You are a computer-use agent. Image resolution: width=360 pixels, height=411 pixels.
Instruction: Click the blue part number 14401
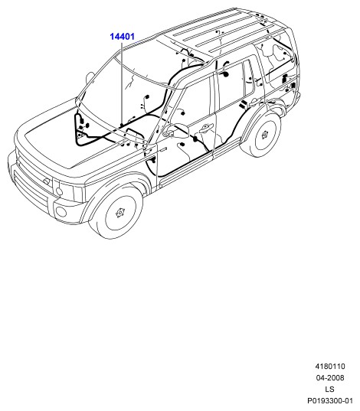coord(122,37)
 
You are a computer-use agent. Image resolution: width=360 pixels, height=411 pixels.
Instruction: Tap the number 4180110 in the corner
coord(330,367)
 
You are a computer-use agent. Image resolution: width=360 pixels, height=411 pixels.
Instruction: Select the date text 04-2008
coord(330,378)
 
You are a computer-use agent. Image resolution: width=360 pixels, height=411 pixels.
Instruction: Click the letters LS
coord(330,390)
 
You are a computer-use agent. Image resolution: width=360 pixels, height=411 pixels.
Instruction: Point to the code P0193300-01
coord(330,401)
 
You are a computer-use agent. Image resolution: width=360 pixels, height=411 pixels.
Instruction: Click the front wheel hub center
coord(120,213)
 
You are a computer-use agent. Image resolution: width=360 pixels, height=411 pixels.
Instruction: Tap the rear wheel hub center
coord(265,135)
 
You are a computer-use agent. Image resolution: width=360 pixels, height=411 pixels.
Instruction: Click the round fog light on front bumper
coord(61,211)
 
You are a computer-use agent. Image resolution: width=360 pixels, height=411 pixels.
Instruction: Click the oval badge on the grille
coord(47,181)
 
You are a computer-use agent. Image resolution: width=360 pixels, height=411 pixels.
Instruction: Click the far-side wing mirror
coord(90,77)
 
